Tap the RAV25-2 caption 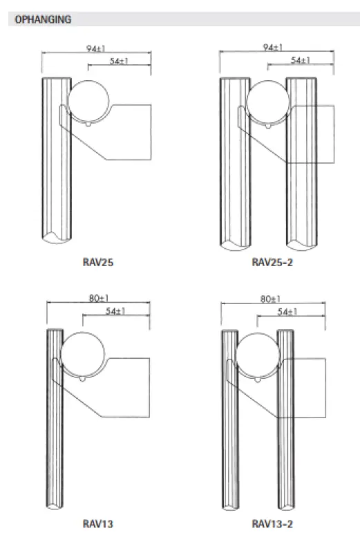(272, 263)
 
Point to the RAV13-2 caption (272, 525)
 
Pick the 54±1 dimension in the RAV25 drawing (120, 62)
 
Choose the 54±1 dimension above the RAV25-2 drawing (300, 60)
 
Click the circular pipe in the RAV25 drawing (91, 101)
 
